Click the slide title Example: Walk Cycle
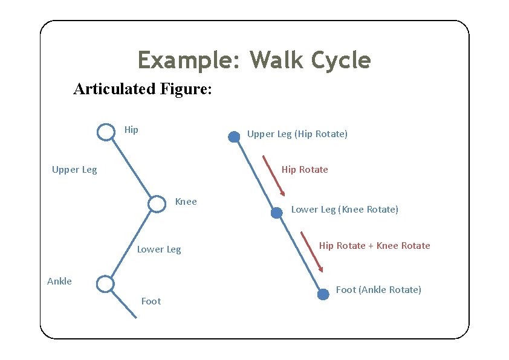pyautogui.click(x=254, y=60)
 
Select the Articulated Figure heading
pyautogui.click(x=142, y=89)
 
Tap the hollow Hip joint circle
pyautogui.click(x=106, y=132)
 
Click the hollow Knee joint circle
pyautogui.click(x=157, y=204)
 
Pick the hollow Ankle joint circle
pyautogui.click(x=105, y=283)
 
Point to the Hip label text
pyautogui.click(x=131, y=129)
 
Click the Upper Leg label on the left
pyautogui.click(x=74, y=170)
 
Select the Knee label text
pyautogui.click(x=186, y=202)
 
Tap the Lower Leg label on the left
pyautogui.click(x=159, y=249)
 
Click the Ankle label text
pyautogui.click(x=59, y=281)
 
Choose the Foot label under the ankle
pyautogui.click(x=151, y=301)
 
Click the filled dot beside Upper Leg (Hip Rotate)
pyautogui.click(x=233, y=137)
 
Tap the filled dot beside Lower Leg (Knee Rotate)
pyautogui.click(x=276, y=213)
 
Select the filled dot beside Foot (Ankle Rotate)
pyautogui.click(x=323, y=294)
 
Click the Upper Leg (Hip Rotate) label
pyautogui.click(x=297, y=134)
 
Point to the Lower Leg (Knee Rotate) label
pyautogui.click(x=345, y=210)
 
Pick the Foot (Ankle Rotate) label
pyautogui.click(x=378, y=290)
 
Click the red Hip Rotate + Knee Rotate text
pyautogui.click(x=374, y=246)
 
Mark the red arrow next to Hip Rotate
pyautogui.click(x=273, y=176)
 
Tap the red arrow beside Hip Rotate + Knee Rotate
pyautogui.click(x=312, y=252)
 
